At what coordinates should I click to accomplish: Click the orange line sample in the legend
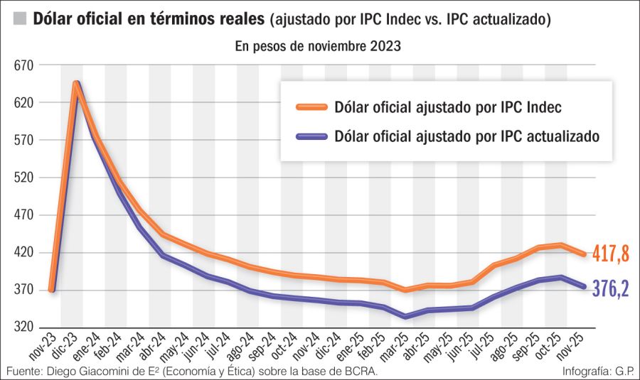(310, 107)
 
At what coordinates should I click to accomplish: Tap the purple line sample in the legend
(310, 136)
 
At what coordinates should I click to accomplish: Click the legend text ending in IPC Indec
(447, 107)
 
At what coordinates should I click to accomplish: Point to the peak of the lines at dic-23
(75, 84)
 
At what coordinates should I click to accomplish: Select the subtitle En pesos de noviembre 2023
(318, 47)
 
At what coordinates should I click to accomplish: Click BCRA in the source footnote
(358, 371)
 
